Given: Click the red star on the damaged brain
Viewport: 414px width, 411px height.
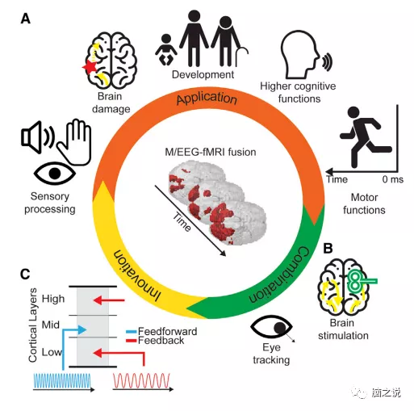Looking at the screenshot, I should (90, 69).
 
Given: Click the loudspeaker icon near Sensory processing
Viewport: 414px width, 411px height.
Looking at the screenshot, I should (34, 138).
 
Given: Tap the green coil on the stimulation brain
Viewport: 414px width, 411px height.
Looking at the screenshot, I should (358, 279).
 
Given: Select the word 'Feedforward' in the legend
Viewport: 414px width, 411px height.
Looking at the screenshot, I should (169, 331).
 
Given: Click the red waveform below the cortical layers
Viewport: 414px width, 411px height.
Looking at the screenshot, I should (139, 380).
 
